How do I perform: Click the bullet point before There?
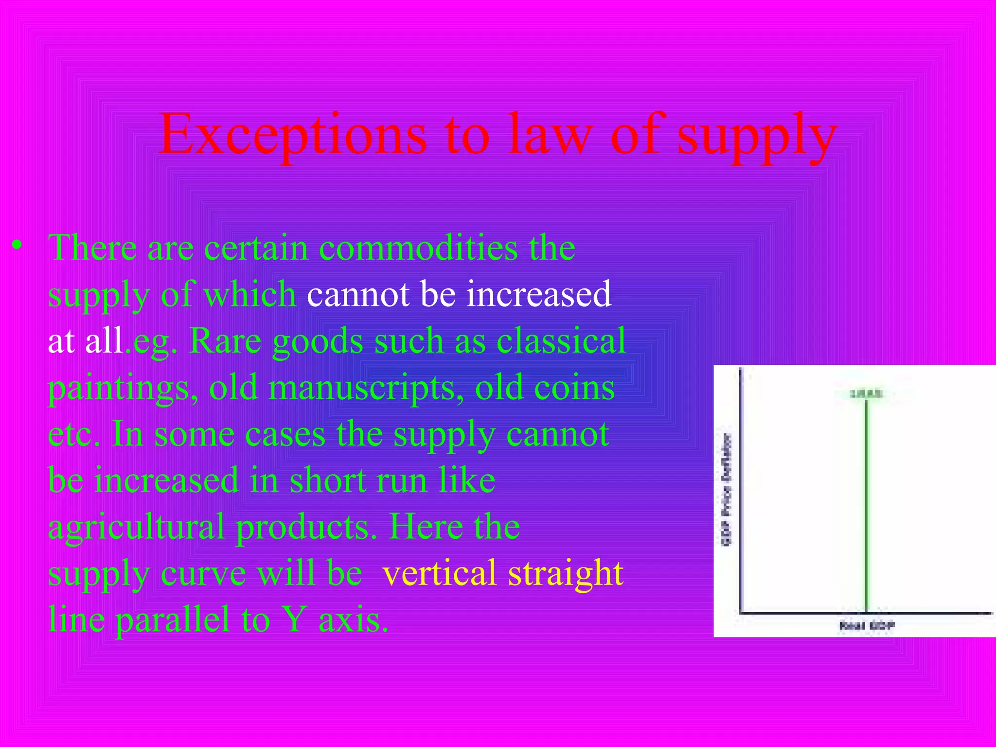[18, 246]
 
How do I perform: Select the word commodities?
[418, 248]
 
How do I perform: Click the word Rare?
[226, 341]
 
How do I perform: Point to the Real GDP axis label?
[867, 625]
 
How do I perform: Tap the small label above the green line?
[866, 394]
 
